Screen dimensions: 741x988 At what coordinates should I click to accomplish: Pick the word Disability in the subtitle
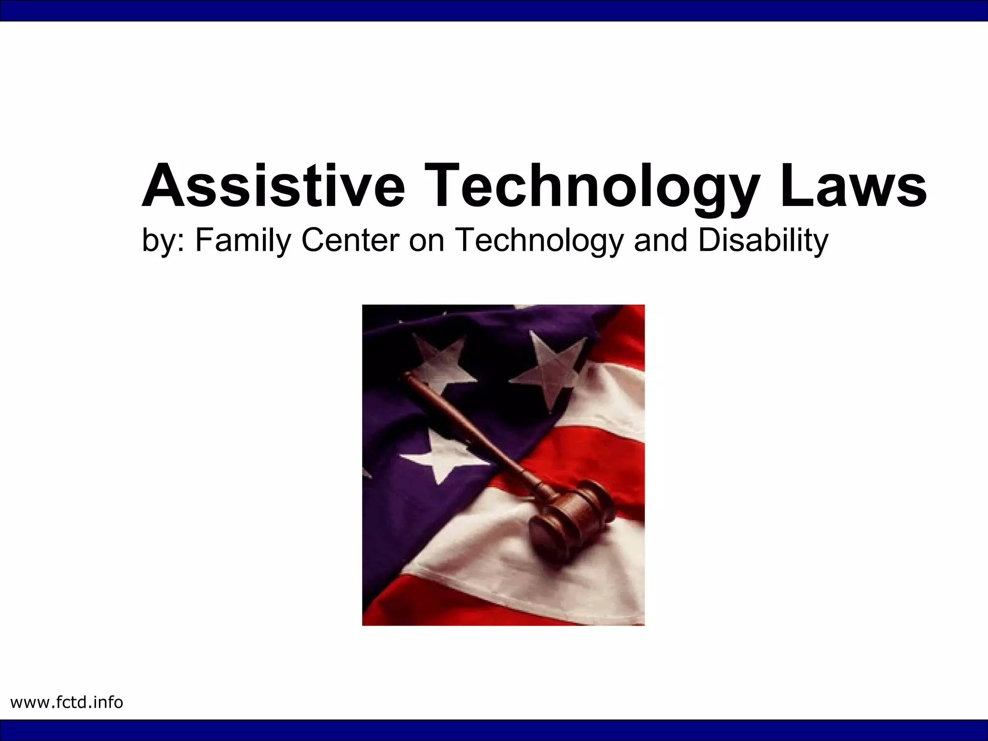pyautogui.click(x=763, y=241)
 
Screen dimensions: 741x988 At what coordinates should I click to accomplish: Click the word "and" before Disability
pyautogui.click(x=660, y=240)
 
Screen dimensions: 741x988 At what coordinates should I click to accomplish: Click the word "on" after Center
pyautogui.click(x=427, y=241)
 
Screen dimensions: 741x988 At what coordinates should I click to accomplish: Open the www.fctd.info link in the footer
pyautogui.click(x=67, y=702)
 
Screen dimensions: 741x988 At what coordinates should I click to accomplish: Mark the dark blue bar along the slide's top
pyautogui.click(x=494, y=11)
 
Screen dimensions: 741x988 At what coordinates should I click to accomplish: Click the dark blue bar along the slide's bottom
pyautogui.click(x=494, y=730)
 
